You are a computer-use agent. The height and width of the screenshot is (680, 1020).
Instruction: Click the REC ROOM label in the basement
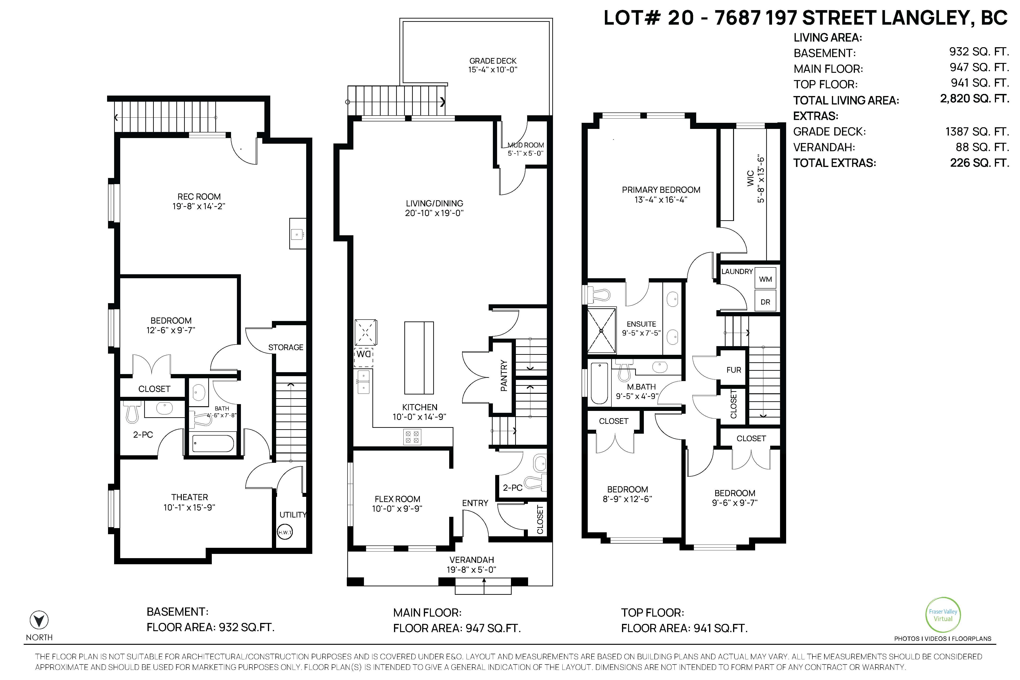pyautogui.click(x=199, y=197)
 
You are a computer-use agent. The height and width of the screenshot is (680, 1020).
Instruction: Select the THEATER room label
pyautogui.click(x=189, y=497)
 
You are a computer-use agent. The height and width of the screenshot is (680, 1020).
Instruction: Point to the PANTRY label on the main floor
pyautogui.click(x=503, y=375)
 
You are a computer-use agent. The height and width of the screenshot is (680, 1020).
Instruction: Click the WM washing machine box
pyautogui.click(x=765, y=279)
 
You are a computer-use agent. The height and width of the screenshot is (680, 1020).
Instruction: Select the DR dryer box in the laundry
pyautogui.click(x=765, y=301)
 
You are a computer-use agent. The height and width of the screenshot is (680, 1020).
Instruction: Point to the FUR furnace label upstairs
pyautogui.click(x=734, y=370)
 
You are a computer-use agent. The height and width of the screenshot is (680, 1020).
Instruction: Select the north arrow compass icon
pyautogui.click(x=39, y=620)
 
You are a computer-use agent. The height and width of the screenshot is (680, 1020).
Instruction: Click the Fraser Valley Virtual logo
pyautogui.click(x=943, y=615)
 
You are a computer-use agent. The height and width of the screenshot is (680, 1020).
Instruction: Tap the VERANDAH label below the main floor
pyautogui.click(x=471, y=560)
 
